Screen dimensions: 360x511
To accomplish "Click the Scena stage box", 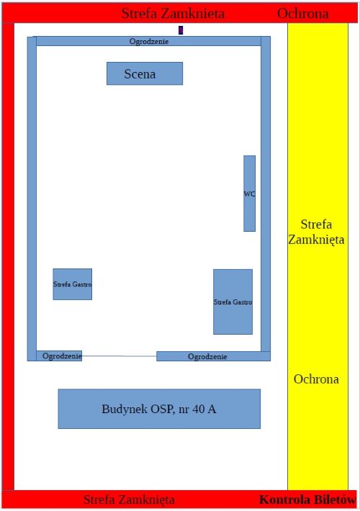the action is point(145,73).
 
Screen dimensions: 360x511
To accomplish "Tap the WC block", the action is point(249,194).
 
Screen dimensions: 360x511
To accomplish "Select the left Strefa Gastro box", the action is point(73,284).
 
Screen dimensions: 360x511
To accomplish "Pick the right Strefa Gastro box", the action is point(233,302).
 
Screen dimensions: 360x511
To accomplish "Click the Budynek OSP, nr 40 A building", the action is point(159,409).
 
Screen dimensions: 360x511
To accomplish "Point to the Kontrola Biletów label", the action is point(307,500).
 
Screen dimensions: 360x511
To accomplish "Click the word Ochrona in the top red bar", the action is point(303,14).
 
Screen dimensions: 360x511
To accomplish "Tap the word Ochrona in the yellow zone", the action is point(316,379).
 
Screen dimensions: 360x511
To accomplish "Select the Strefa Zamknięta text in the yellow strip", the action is point(316,232).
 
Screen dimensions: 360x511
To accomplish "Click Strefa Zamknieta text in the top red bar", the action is point(173,14).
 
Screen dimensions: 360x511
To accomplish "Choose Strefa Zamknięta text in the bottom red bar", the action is point(129,499).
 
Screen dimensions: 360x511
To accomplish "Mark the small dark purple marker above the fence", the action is point(181,30).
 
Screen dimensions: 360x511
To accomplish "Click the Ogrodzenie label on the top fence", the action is point(149,42).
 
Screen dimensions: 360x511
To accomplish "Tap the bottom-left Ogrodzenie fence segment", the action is point(59,356).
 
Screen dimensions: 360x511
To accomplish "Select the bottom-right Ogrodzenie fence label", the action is point(207,356).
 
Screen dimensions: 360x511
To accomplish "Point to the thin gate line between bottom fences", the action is point(120,356).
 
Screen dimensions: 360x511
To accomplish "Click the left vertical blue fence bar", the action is point(32,199).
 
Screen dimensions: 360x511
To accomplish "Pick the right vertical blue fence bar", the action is point(266,194).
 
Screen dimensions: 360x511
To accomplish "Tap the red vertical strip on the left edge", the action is point(8,256).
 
